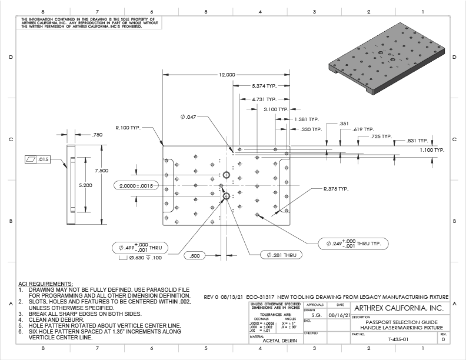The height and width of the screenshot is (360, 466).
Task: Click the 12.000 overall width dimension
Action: click(x=227, y=75)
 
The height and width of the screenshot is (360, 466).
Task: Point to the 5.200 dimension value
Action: click(x=86, y=185)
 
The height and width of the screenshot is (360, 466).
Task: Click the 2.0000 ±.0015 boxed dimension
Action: click(x=137, y=185)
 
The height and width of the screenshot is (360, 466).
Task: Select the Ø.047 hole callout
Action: click(x=188, y=116)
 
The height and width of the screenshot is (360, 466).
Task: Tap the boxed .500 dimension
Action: click(x=196, y=255)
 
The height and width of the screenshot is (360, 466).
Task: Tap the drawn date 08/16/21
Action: click(x=339, y=315)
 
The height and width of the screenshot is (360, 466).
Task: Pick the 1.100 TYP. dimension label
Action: click(x=432, y=150)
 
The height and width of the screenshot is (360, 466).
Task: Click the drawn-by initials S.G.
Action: click(x=316, y=315)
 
